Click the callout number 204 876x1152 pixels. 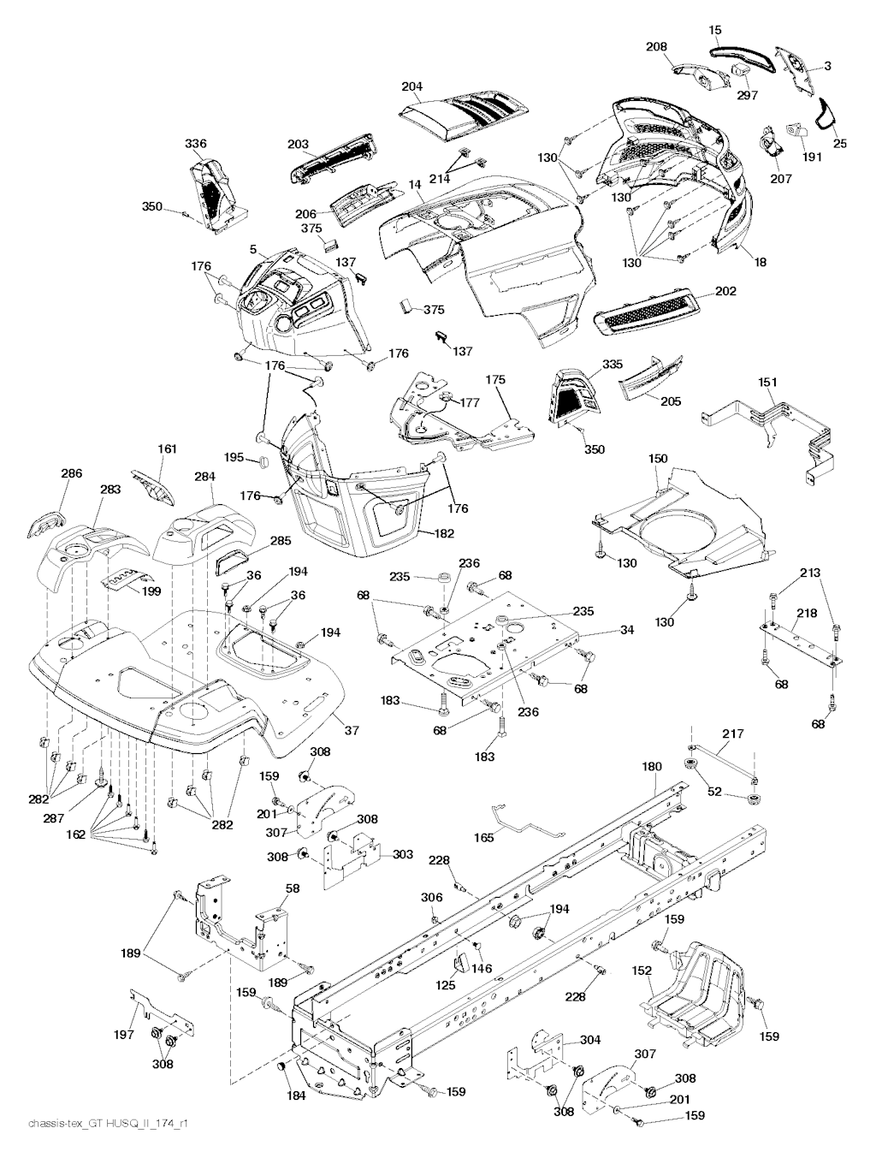click(x=412, y=86)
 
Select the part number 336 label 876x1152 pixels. click(x=196, y=144)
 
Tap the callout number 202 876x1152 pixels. click(x=725, y=292)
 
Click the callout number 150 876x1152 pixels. click(x=658, y=460)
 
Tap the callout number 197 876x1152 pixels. click(x=124, y=1035)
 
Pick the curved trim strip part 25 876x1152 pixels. click(x=827, y=114)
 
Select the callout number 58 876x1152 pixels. click(x=293, y=890)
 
